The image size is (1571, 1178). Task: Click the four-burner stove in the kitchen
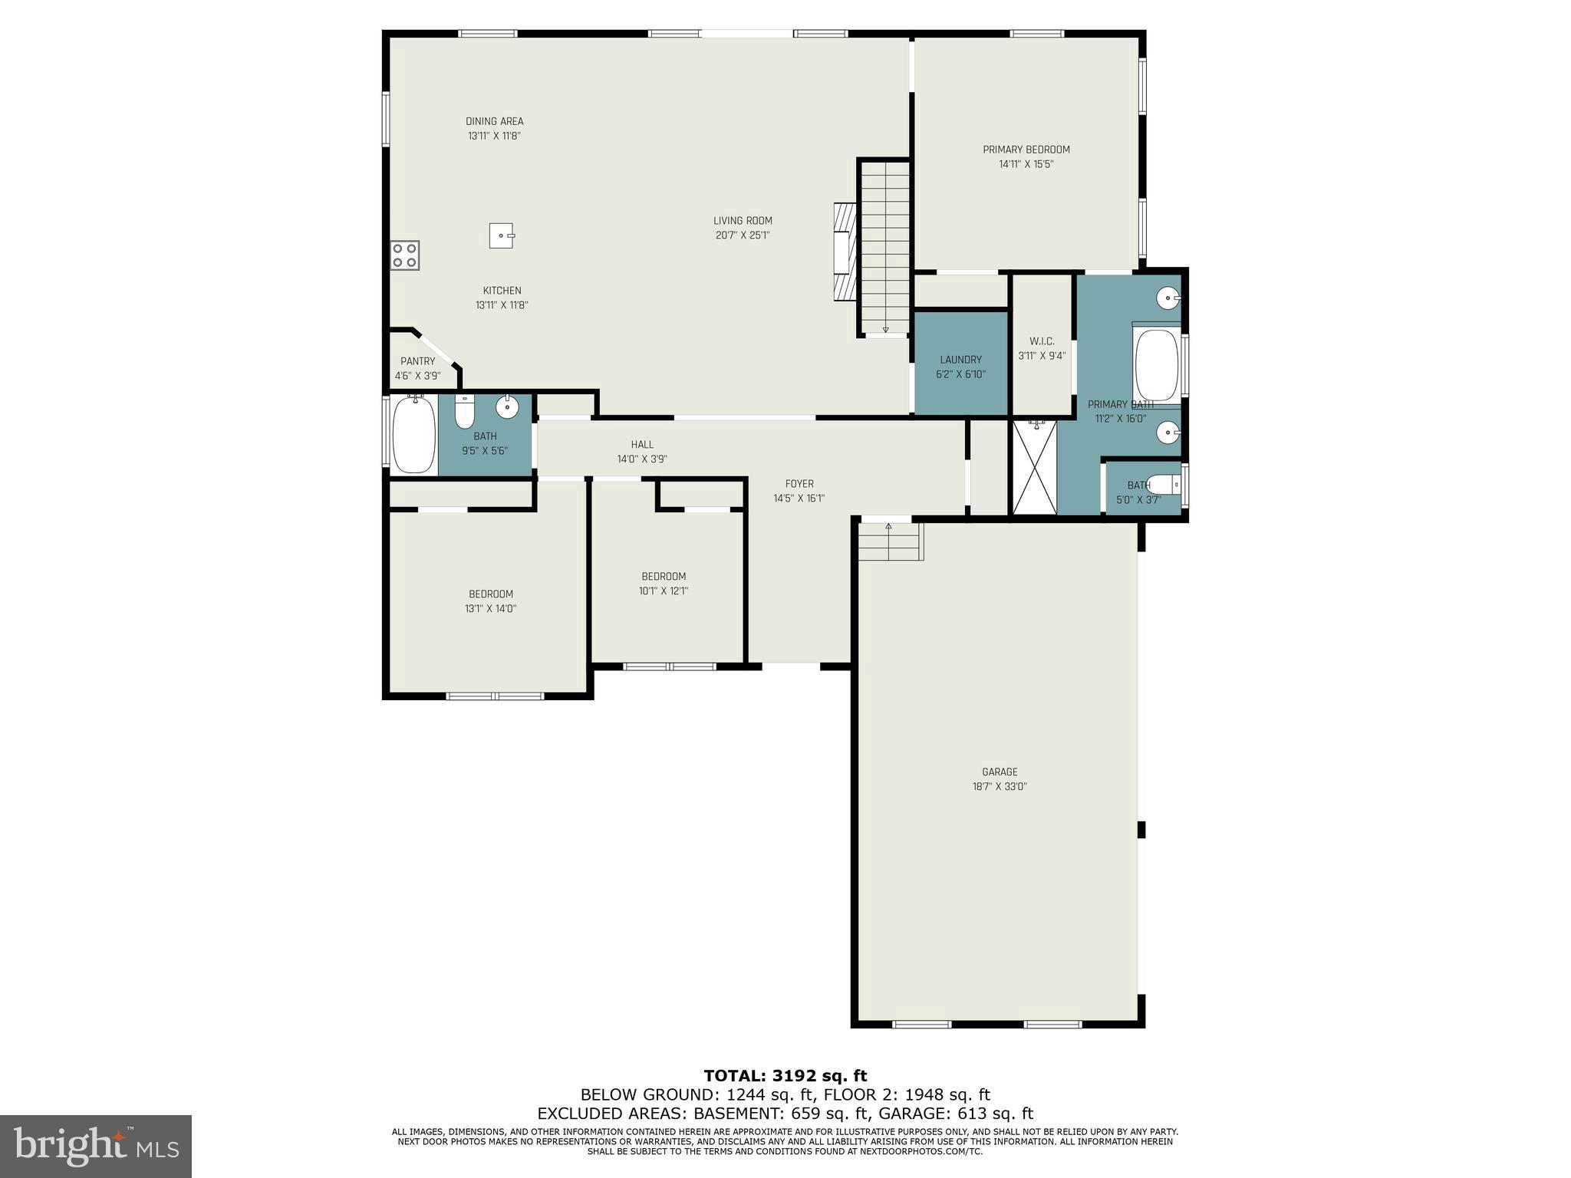coord(405,255)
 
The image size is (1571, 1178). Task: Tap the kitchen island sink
coord(502,235)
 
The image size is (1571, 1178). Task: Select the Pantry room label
coord(417,361)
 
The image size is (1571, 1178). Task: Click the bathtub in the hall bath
coord(413,435)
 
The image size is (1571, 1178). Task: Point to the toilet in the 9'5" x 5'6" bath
coord(465,413)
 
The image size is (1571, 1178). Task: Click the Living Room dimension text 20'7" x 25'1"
coord(742,235)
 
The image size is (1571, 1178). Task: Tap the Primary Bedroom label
coord(1026,150)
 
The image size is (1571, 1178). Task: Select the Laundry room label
coord(960,360)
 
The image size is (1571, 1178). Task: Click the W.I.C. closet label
coord(1042,341)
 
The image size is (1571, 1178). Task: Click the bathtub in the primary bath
coord(1156,365)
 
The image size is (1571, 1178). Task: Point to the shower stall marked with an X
coord(1034,467)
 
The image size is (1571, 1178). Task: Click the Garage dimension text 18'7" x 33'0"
coord(1000,786)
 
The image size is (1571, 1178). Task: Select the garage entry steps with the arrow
coord(889,541)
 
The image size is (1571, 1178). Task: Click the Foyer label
coord(799,484)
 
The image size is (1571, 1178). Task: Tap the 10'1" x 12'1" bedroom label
coord(664,577)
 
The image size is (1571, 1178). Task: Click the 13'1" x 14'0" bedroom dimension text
coord(490,609)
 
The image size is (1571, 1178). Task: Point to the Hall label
coord(642,445)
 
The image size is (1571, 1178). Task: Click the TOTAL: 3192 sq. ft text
coord(785,1076)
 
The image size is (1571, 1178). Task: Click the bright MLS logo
coord(96,1146)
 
